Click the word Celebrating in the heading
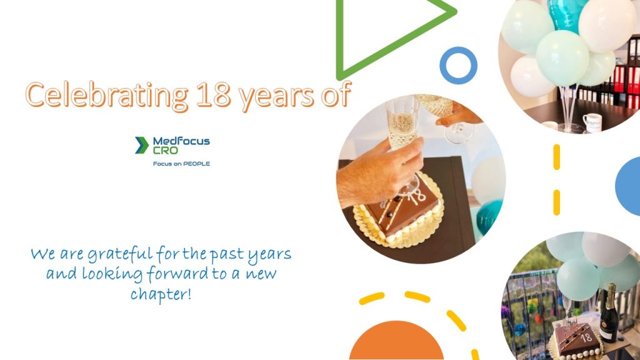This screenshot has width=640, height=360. click(107, 96)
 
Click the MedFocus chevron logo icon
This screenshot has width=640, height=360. click(142, 145)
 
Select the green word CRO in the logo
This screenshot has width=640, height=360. click(165, 150)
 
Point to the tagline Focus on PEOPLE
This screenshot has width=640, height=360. click(181, 164)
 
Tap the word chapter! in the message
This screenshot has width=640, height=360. click(161, 294)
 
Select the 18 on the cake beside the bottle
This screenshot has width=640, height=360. click(586, 338)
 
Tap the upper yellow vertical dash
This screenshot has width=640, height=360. click(556, 157)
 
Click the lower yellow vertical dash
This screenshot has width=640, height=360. click(556, 202)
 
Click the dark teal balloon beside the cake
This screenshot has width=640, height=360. click(489, 216)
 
